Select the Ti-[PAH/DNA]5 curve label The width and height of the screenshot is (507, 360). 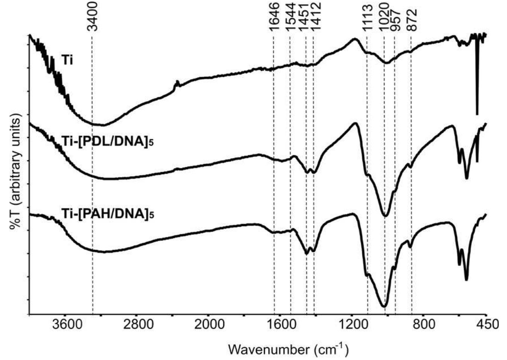[x=108, y=214]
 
